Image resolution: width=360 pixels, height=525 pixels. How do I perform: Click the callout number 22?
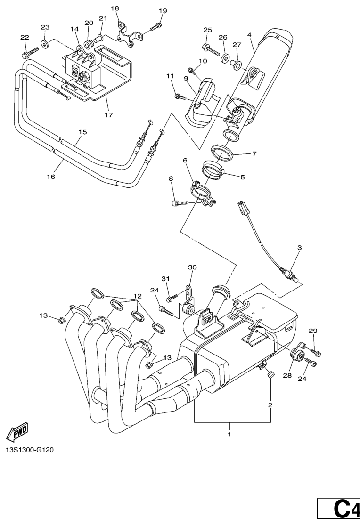(25, 38)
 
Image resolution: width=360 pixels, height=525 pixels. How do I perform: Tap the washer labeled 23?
(45, 45)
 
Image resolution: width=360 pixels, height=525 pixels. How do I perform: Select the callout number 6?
(185, 161)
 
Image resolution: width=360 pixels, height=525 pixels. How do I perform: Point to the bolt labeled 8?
(180, 202)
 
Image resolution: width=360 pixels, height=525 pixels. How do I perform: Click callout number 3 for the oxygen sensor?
(299, 248)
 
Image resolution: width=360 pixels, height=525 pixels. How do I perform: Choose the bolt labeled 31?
(172, 298)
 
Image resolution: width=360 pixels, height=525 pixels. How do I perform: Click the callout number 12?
(137, 296)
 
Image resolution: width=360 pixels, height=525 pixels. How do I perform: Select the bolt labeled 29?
(316, 352)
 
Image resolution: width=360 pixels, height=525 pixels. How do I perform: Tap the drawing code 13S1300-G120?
(30, 451)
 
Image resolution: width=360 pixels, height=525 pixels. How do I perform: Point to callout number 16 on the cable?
(51, 177)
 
